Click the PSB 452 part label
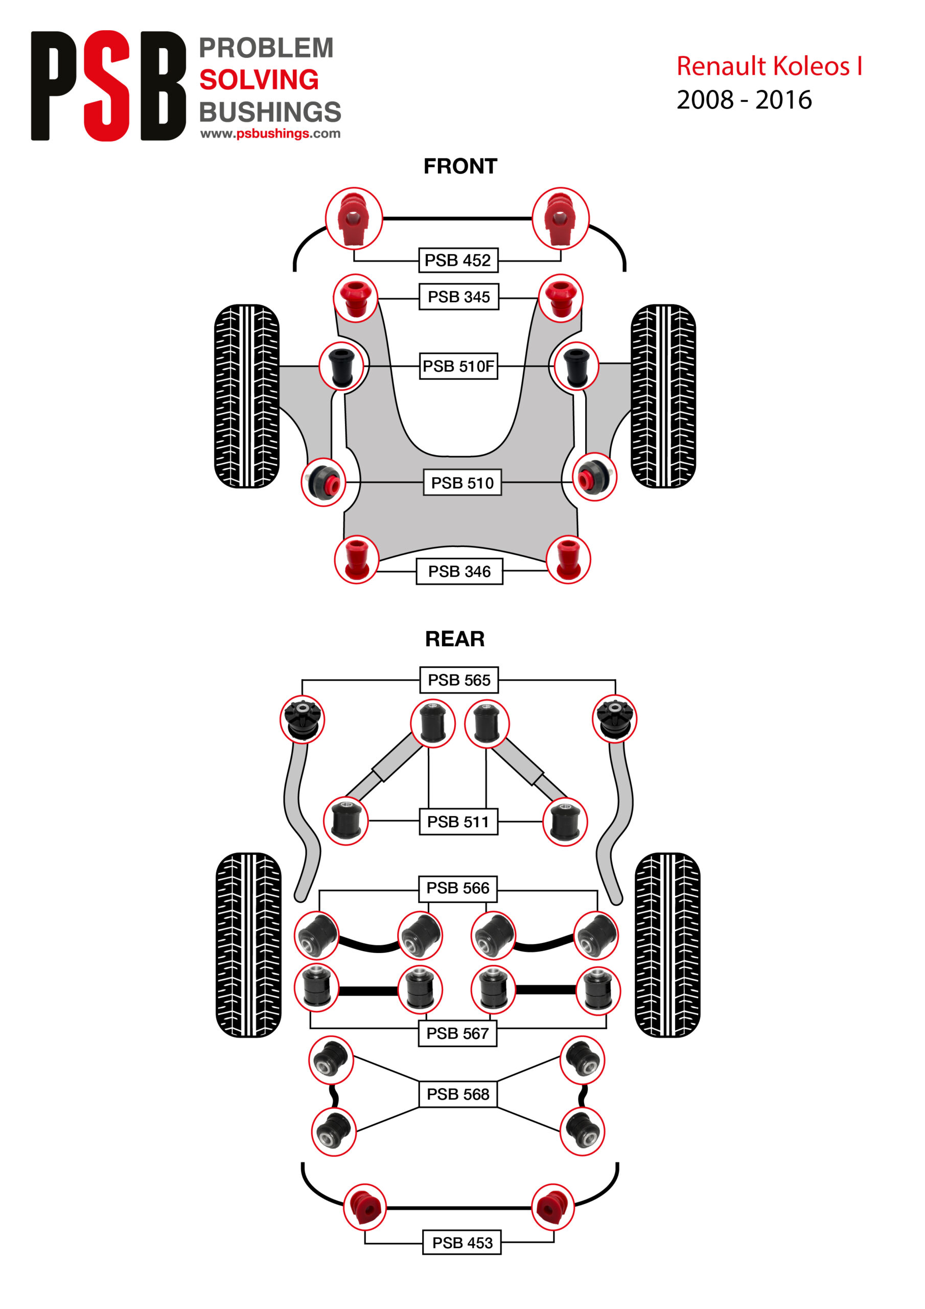click(458, 261)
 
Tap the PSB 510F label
click(458, 366)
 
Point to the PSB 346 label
click(459, 571)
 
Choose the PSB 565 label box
click(459, 680)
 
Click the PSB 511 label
click(458, 822)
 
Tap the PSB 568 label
click(458, 1094)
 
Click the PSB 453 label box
click(461, 1243)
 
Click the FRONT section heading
click(460, 167)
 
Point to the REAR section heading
click(455, 639)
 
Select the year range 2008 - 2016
click(744, 100)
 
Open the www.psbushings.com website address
click(270, 133)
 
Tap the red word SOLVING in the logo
click(259, 80)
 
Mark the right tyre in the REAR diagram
click(667, 945)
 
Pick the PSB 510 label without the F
click(461, 482)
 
